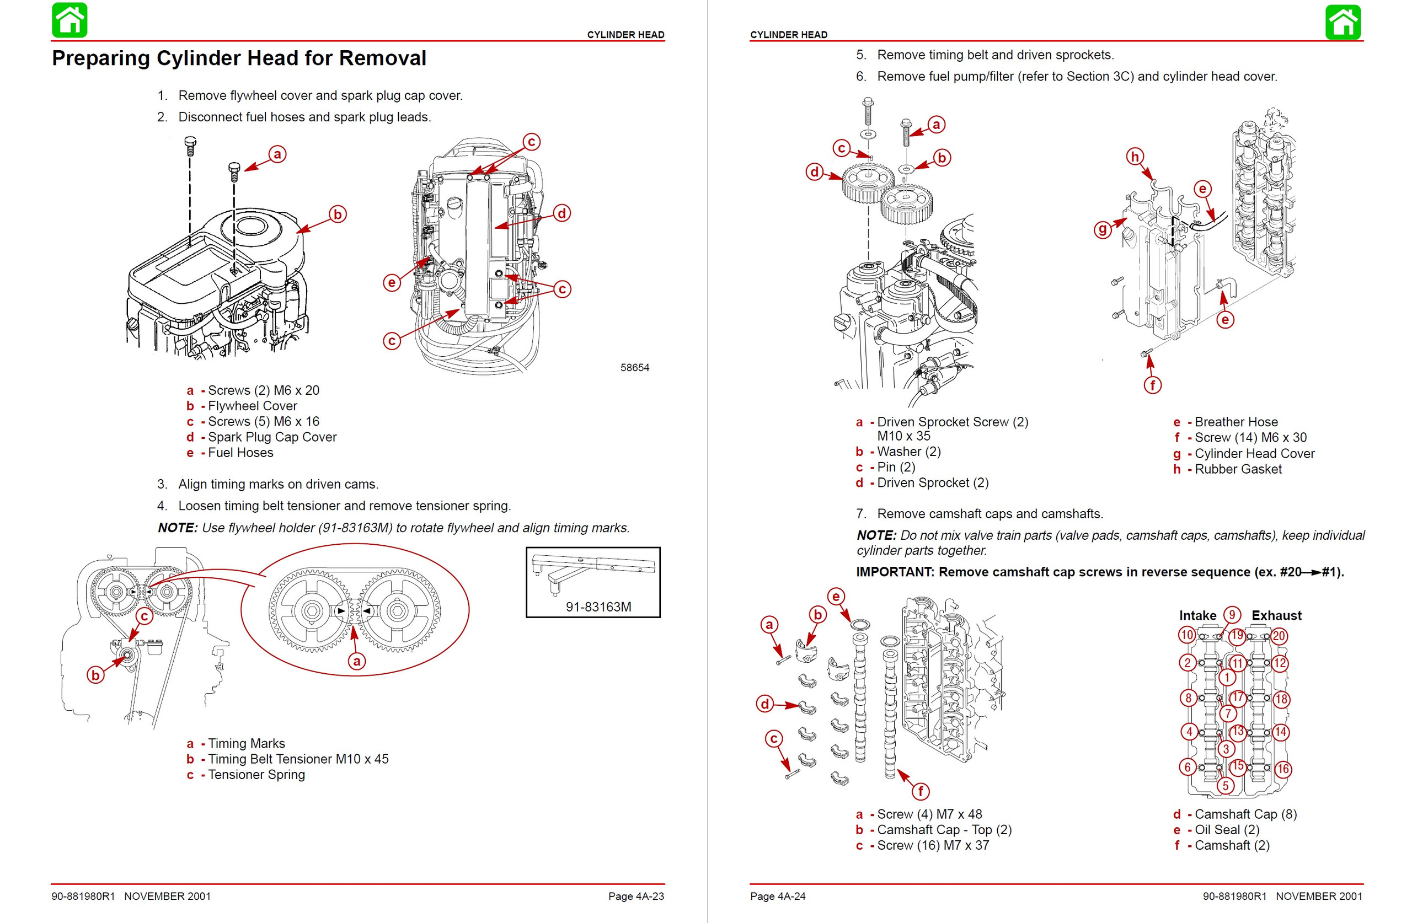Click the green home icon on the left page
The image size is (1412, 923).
69,20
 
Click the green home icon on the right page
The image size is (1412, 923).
1343,22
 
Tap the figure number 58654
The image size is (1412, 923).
634,368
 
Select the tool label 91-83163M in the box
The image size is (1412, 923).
598,607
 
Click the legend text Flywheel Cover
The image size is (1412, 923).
252,406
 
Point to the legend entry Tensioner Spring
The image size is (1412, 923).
256,775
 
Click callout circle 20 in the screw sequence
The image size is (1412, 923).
1279,636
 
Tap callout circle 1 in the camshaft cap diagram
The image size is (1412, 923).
1227,678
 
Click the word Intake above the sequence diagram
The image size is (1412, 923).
1197,616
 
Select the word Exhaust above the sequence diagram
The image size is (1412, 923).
1276,616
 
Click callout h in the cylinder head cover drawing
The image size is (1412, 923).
1135,157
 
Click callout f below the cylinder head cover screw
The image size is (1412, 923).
1152,385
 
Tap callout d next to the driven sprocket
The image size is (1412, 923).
815,172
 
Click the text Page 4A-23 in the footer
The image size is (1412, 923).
636,897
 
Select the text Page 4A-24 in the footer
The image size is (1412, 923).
777,897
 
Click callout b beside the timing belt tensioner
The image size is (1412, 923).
95,675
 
